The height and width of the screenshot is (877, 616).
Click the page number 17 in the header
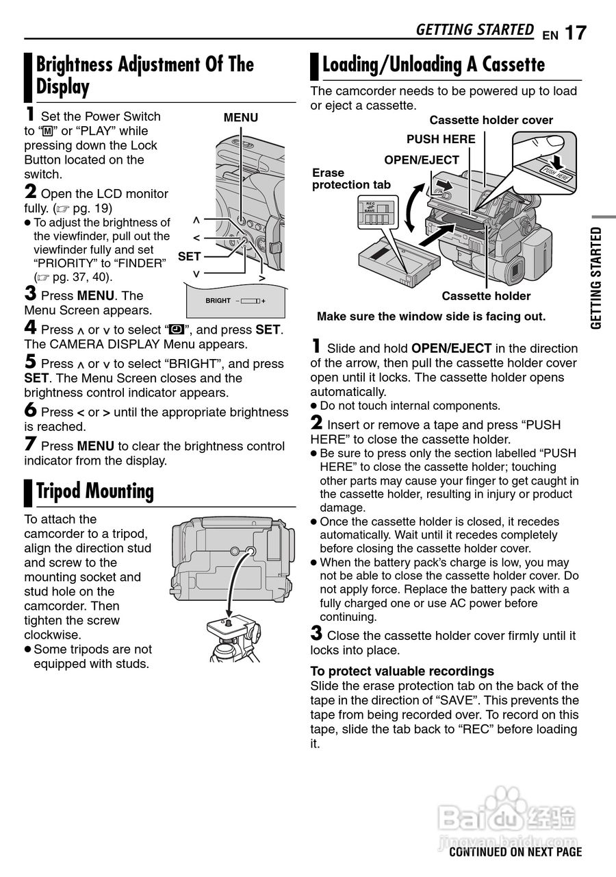click(576, 32)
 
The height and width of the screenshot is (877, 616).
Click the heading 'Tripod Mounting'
click(94, 491)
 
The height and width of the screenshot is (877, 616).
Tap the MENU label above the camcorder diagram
click(241, 118)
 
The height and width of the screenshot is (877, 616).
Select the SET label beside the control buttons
click(190, 256)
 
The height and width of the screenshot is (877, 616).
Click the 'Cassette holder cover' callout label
click(491, 121)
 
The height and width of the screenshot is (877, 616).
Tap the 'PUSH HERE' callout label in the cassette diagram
click(441, 139)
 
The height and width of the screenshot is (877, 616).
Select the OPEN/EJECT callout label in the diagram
click(422, 160)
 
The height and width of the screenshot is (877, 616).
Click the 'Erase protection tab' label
click(351, 179)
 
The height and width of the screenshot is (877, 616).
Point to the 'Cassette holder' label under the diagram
click(486, 296)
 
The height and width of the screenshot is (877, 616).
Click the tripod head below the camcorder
click(231, 628)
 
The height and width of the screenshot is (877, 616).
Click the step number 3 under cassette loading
click(316, 634)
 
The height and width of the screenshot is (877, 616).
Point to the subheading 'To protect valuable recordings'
click(402, 671)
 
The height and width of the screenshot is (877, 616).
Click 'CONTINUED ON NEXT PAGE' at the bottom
click(515, 852)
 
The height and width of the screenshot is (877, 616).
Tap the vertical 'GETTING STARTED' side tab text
click(597, 277)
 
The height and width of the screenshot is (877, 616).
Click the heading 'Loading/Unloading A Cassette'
click(433, 65)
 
